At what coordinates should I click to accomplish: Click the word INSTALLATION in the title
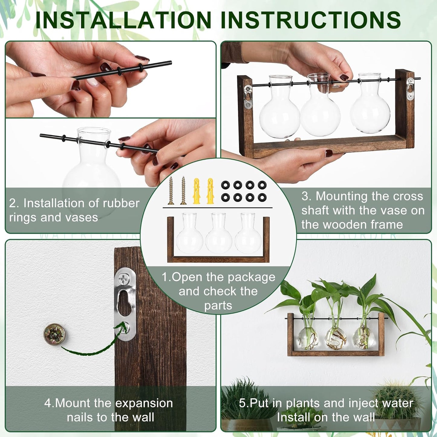click(123, 20)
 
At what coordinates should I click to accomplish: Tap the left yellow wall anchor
click(197, 191)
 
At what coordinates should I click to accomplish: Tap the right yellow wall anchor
click(210, 191)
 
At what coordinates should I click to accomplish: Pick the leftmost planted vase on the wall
click(308, 336)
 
